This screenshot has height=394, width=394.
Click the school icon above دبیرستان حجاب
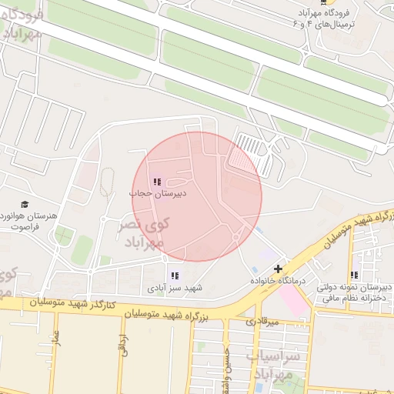157,182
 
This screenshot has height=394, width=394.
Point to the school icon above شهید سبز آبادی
175,275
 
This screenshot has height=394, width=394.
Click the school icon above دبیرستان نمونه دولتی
354,275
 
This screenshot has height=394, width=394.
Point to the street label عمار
56,341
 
